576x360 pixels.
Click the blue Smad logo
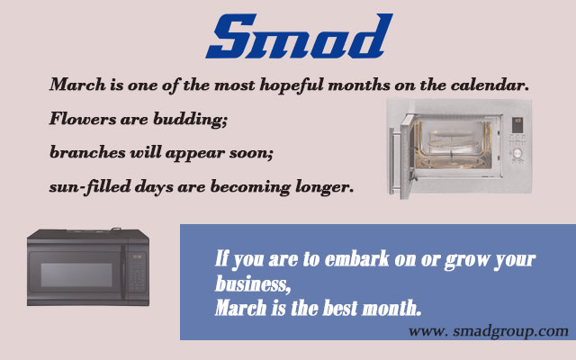coord(300,36)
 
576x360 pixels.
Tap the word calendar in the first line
coord(490,85)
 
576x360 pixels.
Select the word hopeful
coord(292,85)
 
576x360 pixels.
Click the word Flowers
coord(83,119)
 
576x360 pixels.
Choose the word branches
coord(87,152)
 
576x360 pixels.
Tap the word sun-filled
coord(90,186)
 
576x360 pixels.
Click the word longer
coord(325,187)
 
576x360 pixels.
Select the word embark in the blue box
coord(357,258)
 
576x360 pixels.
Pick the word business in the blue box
coord(252,283)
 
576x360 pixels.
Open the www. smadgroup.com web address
coord(488,331)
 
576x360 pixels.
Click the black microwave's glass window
coord(76,274)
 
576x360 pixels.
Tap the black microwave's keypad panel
coord(136,272)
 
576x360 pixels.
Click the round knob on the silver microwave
coord(517,153)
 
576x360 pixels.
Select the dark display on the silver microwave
coord(517,125)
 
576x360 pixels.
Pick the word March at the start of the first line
coord(77,85)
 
